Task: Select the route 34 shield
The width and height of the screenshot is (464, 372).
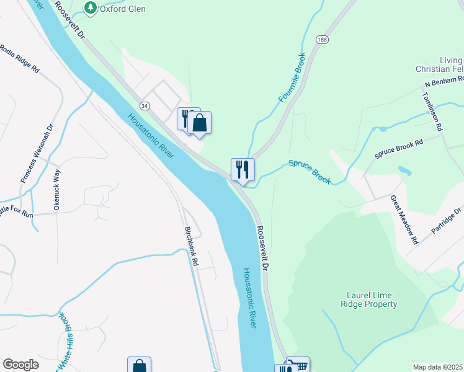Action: [x=145, y=106]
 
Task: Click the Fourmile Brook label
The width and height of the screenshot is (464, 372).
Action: [x=292, y=77]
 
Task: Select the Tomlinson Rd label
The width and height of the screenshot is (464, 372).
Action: [x=432, y=111]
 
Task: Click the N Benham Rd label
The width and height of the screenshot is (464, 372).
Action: [x=444, y=82]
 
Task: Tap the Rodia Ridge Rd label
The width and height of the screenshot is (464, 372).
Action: [x=20, y=59]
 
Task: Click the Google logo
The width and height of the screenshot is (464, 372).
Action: [x=20, y=365]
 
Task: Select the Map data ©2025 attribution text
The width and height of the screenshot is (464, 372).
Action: [x=437, y=367]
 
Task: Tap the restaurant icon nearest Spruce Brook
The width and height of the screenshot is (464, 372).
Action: [x=243, y=169]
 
